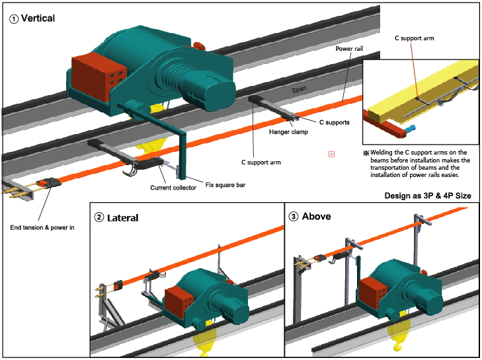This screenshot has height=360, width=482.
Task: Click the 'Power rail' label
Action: (349, 48)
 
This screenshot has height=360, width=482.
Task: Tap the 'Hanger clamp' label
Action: (288, 131)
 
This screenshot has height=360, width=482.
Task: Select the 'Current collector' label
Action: (173, 188)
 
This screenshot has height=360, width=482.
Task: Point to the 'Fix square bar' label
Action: (225, 185)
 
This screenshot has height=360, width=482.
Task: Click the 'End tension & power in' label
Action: (42, 228)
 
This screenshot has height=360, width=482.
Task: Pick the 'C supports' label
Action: (335, 122)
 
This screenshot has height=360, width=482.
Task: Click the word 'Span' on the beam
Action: (299, 89)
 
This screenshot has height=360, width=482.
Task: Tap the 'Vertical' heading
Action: (38, 18)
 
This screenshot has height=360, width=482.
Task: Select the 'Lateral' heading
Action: (123, 218)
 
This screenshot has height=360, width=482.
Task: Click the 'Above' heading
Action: (316, 216)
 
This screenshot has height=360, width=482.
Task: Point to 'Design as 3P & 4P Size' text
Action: (428, 196)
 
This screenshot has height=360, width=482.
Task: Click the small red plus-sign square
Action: (331, 154)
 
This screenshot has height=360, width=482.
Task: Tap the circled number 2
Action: (99, 217)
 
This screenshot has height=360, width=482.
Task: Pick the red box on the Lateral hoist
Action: (179, 303)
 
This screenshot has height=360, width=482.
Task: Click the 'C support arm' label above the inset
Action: (415, 38)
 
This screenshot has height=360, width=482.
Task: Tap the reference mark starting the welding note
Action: (366, 153)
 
